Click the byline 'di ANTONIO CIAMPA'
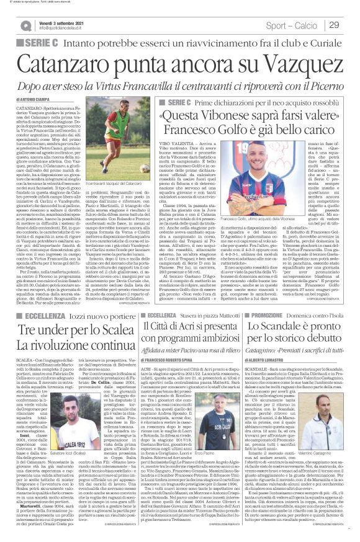click(33, 99)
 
